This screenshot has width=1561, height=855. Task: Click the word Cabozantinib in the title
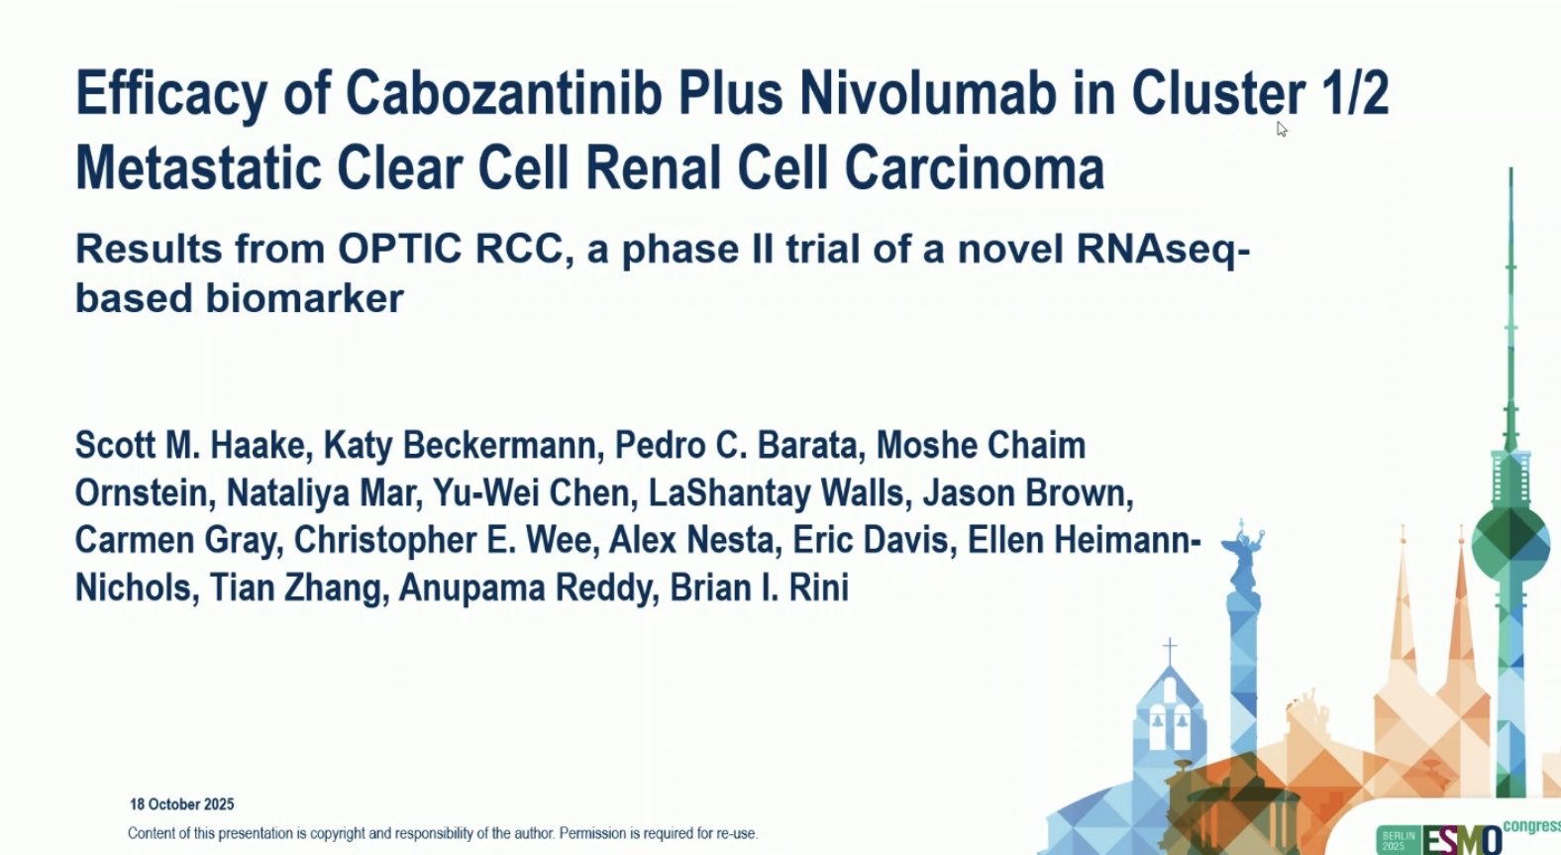(x=503, y=93)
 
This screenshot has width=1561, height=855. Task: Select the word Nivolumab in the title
(x=927, y=93)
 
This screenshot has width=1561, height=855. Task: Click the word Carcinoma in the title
(x=975, y=168)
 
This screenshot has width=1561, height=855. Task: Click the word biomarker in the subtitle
(x=304, y=298)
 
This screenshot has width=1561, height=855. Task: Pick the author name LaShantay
(x=729, y=494)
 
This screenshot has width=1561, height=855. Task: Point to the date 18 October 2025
(x=182, y=804)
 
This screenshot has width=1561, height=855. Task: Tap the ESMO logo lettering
(x=1461, y=840)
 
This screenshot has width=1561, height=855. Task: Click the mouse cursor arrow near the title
(x=1282, y=129)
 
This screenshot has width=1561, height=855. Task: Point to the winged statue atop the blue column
(x=1243, y=551)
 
